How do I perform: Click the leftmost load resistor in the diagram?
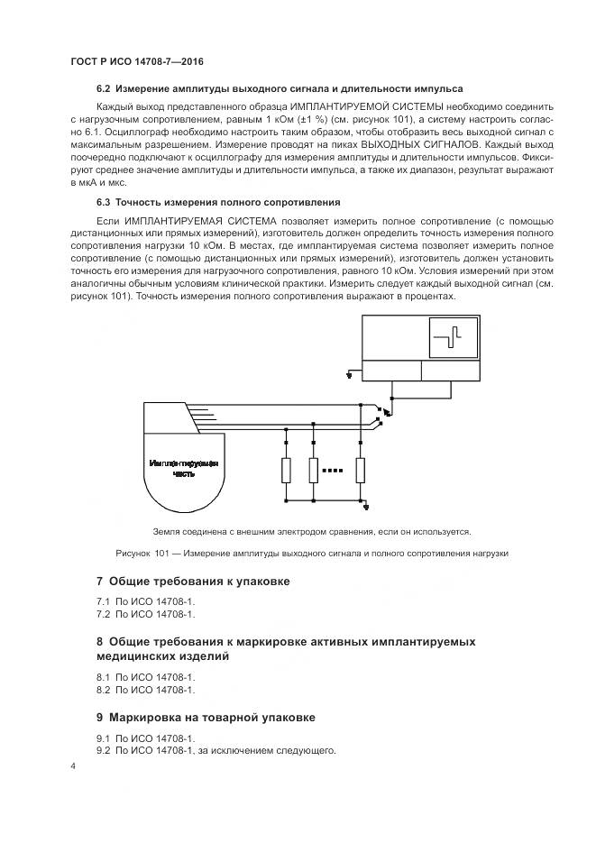tap(286, 471)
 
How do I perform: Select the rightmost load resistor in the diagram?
tap(362, 471)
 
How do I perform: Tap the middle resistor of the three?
tap(314, 471)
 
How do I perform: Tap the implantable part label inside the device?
tap(184, 468)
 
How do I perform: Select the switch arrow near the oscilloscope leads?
tap(381, 413)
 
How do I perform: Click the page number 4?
tap(73, 766)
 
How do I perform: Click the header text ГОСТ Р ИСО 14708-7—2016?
tap(136, 60)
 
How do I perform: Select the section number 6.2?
tap(102, 89)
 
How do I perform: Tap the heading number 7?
tap(100, 582)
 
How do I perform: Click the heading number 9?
tap(100, 718)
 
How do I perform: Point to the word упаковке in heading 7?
tap(261, 582)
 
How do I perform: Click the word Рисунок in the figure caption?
tap(136, 553)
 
